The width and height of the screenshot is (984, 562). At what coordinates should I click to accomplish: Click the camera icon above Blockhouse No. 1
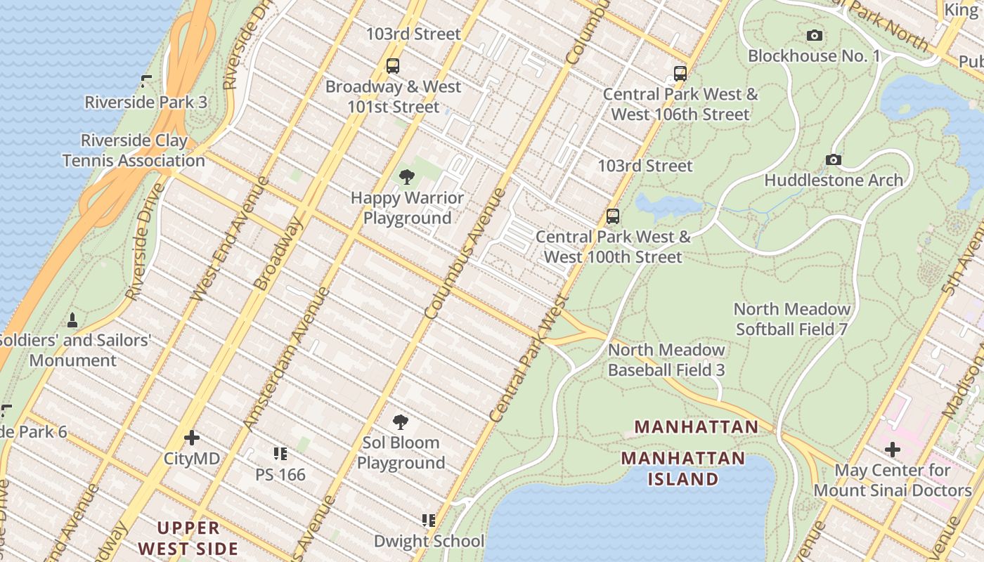pyautogui.click(x=815, y=35)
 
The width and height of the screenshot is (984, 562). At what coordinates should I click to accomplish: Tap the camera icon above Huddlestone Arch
pyautogui.click(x=834, y=159)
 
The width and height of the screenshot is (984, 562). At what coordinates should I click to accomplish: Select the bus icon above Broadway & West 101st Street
pyautogui.click(x=393, y=66)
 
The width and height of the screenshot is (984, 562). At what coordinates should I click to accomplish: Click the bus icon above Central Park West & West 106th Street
pyautogui.click(x=680, y=73)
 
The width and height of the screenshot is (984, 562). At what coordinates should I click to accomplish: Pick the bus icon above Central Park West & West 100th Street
pyautogui.click(x=613, y=216)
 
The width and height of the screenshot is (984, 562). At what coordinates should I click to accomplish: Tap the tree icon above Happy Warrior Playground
pyautogui.click(x=406, y=177)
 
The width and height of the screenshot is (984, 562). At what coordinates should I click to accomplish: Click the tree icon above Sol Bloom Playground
pyautogui.click(x=401, y=422)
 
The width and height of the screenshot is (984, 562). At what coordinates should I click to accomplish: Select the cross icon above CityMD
pyautogui.click(x=192, y=438)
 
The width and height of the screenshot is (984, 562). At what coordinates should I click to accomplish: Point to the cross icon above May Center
pyautogui.click(x=893, y=449)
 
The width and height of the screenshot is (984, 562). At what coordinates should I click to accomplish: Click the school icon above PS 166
pyautogui.click(x=280, y=454)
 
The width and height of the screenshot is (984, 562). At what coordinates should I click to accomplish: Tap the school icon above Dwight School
pyautogui.click(x=429, y=521)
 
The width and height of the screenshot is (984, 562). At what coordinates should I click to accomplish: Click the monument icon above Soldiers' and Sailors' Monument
pyautogui.click(x=72, y=320)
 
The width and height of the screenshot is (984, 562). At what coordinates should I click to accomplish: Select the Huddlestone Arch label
pyautogui.click(x=834, y=181)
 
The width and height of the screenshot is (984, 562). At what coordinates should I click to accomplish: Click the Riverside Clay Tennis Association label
pyautogui.click(x=134, y=150)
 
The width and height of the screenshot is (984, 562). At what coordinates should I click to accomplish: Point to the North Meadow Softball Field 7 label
pyautogui.click(x=792, y=319)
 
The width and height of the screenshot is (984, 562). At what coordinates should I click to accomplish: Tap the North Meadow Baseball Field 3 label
pyautogui.click(x=666, y=360)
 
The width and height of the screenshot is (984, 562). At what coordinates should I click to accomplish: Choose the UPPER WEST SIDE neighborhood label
pyautogui.click(x=188, y=538)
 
